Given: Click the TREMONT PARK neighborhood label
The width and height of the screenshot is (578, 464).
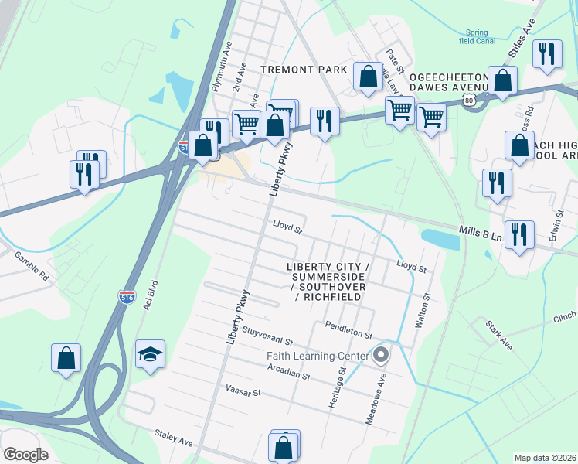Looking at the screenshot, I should [304, 70].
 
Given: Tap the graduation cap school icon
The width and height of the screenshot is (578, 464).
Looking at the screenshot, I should [150, 355].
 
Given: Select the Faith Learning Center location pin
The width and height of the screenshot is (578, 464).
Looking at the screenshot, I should [380, 356].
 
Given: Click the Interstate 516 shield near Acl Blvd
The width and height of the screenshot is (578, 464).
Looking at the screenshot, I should [127, 296].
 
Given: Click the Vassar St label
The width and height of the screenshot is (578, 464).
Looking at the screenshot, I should [243, 393].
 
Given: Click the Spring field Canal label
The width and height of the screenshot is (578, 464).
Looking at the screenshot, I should [476, 37].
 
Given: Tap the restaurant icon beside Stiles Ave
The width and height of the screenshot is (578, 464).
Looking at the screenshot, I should [547, 54].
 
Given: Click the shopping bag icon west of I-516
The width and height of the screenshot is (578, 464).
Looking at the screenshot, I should [66, 359].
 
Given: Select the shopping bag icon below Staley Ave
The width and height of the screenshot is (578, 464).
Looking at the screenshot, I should [284, 447].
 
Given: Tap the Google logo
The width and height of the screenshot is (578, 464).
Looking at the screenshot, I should [25, 454].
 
